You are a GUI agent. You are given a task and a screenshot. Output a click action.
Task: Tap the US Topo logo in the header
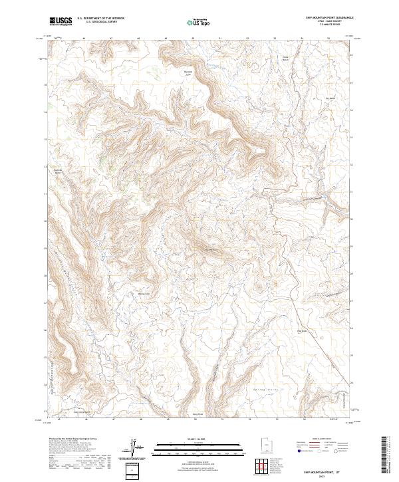(199, 22)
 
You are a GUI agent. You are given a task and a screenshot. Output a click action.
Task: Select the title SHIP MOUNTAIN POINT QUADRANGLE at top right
(330, 19)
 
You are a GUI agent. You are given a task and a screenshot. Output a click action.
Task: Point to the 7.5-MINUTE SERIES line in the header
(330, 27)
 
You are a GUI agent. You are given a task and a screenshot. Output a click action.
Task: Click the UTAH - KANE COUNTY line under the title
(330, 23)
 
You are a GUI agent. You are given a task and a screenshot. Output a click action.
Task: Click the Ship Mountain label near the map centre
(210, 250)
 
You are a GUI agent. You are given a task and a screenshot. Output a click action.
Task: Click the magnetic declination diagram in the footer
(134, 447)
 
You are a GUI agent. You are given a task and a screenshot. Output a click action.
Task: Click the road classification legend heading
(319, 439)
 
